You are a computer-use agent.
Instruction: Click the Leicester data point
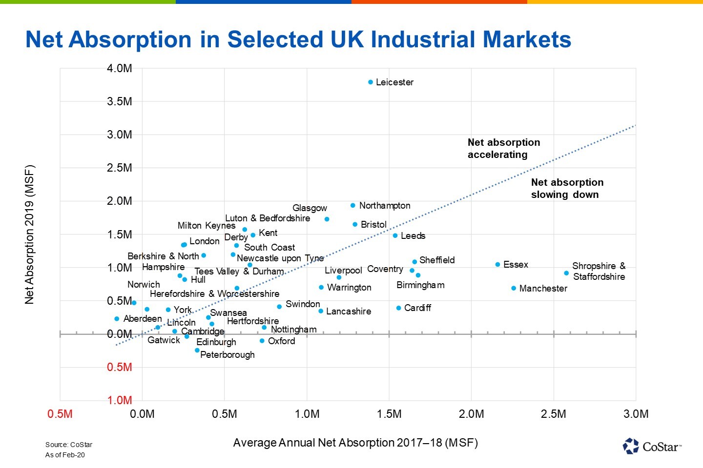pyautogui.click(x=371, y=82)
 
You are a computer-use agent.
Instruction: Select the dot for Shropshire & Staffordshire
pyautogui.click(x=566, y=273)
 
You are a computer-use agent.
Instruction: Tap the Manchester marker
pyautogui.click(x=514, y=288)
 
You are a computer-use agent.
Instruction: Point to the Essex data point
pyautogui.click(x=497, y=264)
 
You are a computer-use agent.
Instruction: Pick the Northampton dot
pyautogui.click(x=353, y=205)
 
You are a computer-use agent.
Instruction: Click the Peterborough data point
pyautogui.click(x=197, y=350)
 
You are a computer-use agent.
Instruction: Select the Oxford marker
pyautogui.click(x=262, y=341)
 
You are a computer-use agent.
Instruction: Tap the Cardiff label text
pyautogui.click(x=417, y=308)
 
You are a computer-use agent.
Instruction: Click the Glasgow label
pyautogui.click(x=310, y=208)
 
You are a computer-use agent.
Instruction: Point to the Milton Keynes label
pyautogui.click(x=206, y=225)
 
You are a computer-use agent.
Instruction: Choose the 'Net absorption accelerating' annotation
pyautogui.click(x=503, y=148)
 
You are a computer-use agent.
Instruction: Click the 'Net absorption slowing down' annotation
pyautogui.click(x=567, y=188)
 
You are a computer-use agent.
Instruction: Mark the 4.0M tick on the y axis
pyautogui.click(x=120, y=68)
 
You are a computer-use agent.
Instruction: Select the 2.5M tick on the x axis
pyautogui.click(x=554, y=414)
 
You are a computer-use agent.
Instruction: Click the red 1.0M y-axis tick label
pyautogui.click(x=120, y=400)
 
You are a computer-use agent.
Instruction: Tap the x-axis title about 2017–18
pyautogui.click(x=355, y=443)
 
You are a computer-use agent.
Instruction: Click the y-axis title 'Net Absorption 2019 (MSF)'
pyautogui.click(x=30, y=234)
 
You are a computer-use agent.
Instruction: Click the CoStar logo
pyautogui.click(x=652, y=446)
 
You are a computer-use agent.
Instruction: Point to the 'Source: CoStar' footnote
pyautogui.click(x=69, y=445)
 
